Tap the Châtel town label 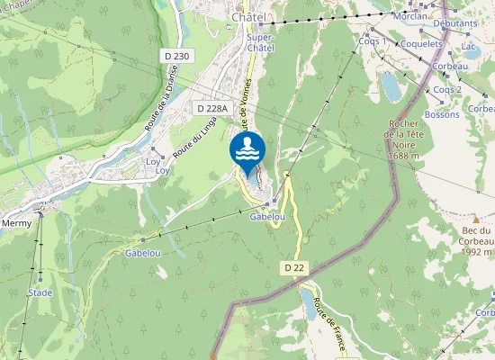coord(251,17)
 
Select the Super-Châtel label coord(262,42)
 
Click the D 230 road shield coord(177,56)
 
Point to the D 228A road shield coord(214,108)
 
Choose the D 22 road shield coord(294,267)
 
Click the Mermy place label coord(16,223)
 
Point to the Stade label coord(40,292)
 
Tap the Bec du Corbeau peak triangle coord(476,219)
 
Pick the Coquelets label coord(422,42)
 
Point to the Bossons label coord(442,114)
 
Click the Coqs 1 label coord(373,41)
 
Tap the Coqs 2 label coord(447,90)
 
